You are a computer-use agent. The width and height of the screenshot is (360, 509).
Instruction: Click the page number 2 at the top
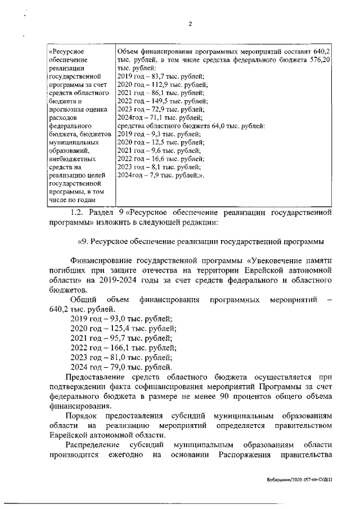click(190, 23)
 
